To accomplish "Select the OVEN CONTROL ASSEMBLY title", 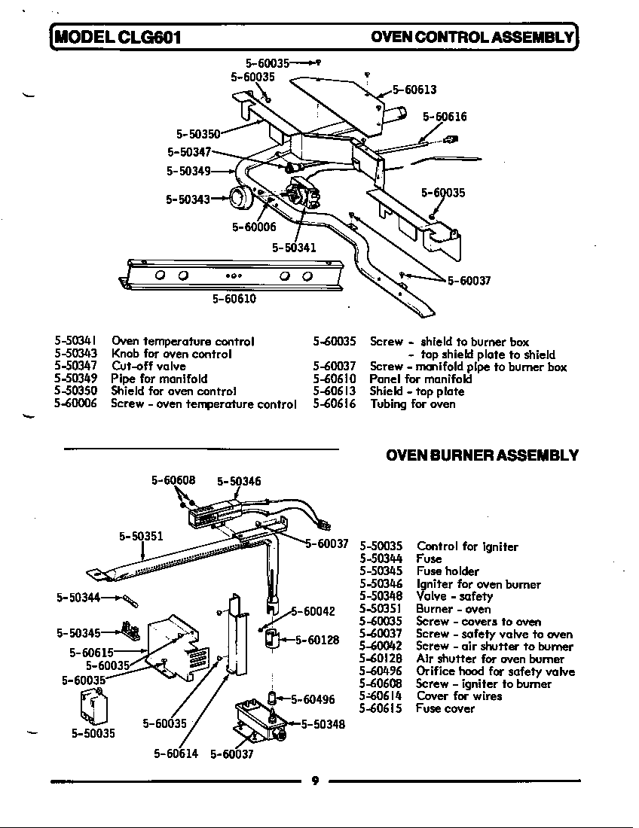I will (x=472, y=36).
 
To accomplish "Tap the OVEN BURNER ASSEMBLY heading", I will (x=482, y=455).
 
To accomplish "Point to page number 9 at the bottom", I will (x=316, y=781).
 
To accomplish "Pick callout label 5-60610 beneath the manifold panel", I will (x=234, y=299).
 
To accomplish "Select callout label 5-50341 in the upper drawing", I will (x=294, y=247).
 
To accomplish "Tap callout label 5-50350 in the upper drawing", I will (x=198, y=134).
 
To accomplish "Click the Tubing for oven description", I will (x=412, y=404).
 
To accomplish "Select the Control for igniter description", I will (x=467, y=546).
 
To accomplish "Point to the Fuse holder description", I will (x=448, y=571).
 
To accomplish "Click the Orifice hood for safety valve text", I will (x=495, y=671).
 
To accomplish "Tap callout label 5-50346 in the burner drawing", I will (x=239, y=481).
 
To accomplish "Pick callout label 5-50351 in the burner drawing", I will (x=142, y=537).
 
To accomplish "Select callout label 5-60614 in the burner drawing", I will (x=176, y=753).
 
